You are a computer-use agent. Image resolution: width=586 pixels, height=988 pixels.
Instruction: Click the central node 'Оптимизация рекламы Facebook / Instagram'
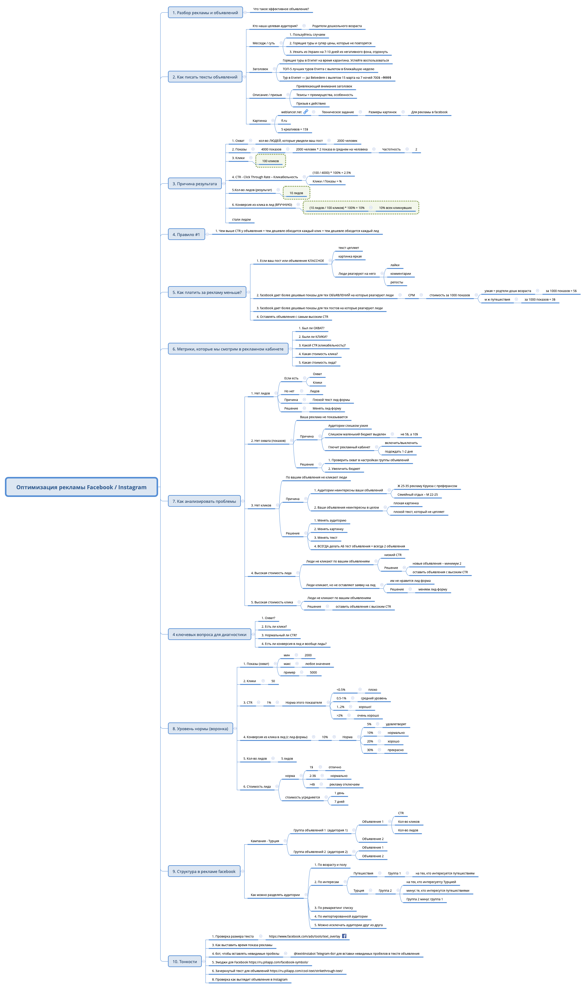[x=81, y=487]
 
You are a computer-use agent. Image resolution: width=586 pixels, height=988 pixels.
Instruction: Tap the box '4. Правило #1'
[x=186, y=234]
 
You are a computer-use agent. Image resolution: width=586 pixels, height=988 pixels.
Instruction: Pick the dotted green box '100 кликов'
[x=270, y=161]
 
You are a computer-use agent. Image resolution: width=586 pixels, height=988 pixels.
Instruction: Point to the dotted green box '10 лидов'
[x=296, y=193]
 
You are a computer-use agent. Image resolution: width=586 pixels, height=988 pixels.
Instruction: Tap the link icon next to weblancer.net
[x=306, y=112]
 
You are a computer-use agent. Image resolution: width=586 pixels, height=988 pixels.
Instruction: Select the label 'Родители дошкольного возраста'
[x=337, y=26]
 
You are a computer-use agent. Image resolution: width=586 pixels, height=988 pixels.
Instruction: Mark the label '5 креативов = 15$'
[x=295, y=129]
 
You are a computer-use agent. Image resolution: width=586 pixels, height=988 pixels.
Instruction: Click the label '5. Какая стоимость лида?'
[x=317, y=362]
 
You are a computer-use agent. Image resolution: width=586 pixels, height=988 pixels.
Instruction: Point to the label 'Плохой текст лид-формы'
[x=331, y=400]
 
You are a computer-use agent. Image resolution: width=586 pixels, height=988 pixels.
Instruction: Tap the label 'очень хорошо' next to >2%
[x=368, y=715]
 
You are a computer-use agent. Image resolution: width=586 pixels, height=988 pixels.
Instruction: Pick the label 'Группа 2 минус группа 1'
[x=424, y=899]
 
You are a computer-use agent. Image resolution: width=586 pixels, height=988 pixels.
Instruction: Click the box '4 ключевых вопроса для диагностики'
[x=209, y=634]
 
